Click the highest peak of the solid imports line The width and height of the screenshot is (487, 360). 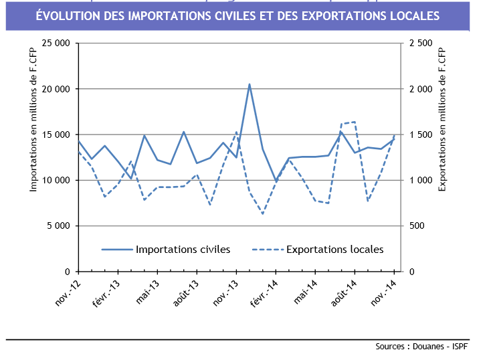[x=250, y=84]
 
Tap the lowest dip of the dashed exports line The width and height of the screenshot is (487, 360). [x=262, y=213]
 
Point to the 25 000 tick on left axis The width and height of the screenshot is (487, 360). [x=56, y=43]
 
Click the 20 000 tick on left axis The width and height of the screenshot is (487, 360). [x=56, y=89]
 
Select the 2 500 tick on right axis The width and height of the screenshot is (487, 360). [x=420, y=43]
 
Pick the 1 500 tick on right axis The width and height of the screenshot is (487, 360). [x=420, y=134]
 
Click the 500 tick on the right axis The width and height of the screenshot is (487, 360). [x=416, y=226]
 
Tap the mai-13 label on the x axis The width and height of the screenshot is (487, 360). [x=149, y=292]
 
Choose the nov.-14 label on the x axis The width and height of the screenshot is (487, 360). [x=383, y=292]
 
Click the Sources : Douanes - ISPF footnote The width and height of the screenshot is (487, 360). [x=422, y=347]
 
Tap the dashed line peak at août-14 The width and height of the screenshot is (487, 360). [x=354, y=122]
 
